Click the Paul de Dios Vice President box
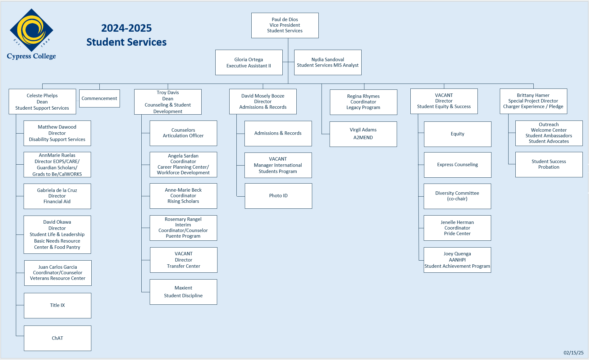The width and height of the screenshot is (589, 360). click(285, 25)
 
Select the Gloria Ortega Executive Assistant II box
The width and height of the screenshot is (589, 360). click(249, 62)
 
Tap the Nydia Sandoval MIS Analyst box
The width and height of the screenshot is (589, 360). click(328, 62)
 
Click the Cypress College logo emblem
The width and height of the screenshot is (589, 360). click(31, 30)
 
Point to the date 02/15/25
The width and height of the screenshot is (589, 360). click(573, 353)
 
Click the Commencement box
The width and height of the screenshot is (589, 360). click(99, 98)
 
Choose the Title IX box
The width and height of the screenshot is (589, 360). click(57, 306)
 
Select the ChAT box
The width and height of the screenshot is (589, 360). click(57, 338)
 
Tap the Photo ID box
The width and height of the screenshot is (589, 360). click(278, 196)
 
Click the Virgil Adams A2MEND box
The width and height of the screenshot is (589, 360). click(363, 134)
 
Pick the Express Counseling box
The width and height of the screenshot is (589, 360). click(458, 165)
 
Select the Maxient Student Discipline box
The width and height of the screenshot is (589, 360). click(183, 292)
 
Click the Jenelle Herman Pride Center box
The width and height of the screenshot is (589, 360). click(457, 228)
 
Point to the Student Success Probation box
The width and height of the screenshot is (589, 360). click(549, 165)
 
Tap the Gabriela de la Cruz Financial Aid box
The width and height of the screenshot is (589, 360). click(57, 196)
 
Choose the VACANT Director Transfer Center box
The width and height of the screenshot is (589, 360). click(184, 260)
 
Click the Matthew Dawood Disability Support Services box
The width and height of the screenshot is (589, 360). click(57, 133)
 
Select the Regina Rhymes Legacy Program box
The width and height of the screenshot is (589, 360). click(363, 102)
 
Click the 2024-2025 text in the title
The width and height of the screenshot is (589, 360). click(126, 28)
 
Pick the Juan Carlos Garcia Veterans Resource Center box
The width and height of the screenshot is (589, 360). click(58, 273)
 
